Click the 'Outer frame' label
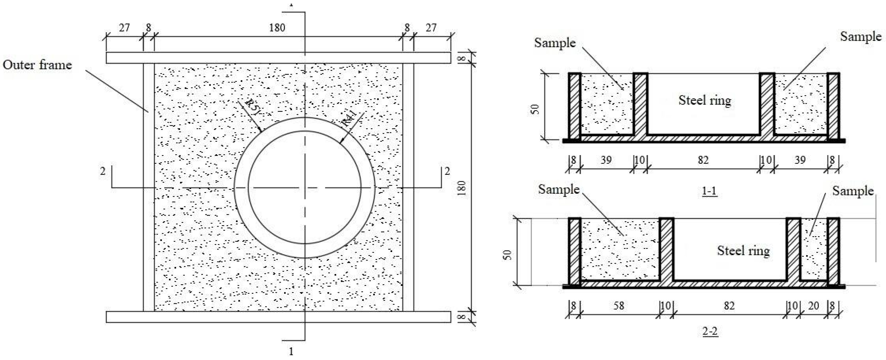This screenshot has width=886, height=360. pos(37,65)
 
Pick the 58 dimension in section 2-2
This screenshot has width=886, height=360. pos(618,305)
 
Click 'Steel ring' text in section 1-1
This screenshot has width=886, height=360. pos(704,100)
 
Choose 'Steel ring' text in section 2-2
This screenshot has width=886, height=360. pos(743,251)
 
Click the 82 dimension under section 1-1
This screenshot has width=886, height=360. pos(703,160)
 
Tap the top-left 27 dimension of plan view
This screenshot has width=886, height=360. pos(124,28)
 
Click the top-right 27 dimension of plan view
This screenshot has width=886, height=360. pos(431,28)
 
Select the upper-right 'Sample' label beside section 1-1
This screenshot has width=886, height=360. pos(861,36)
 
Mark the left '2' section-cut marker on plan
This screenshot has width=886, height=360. pos(103,171)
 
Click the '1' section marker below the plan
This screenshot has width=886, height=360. pos(291,351)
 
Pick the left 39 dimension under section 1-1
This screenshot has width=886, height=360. pos(606,160)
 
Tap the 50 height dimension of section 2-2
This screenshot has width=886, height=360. pos(507,254)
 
